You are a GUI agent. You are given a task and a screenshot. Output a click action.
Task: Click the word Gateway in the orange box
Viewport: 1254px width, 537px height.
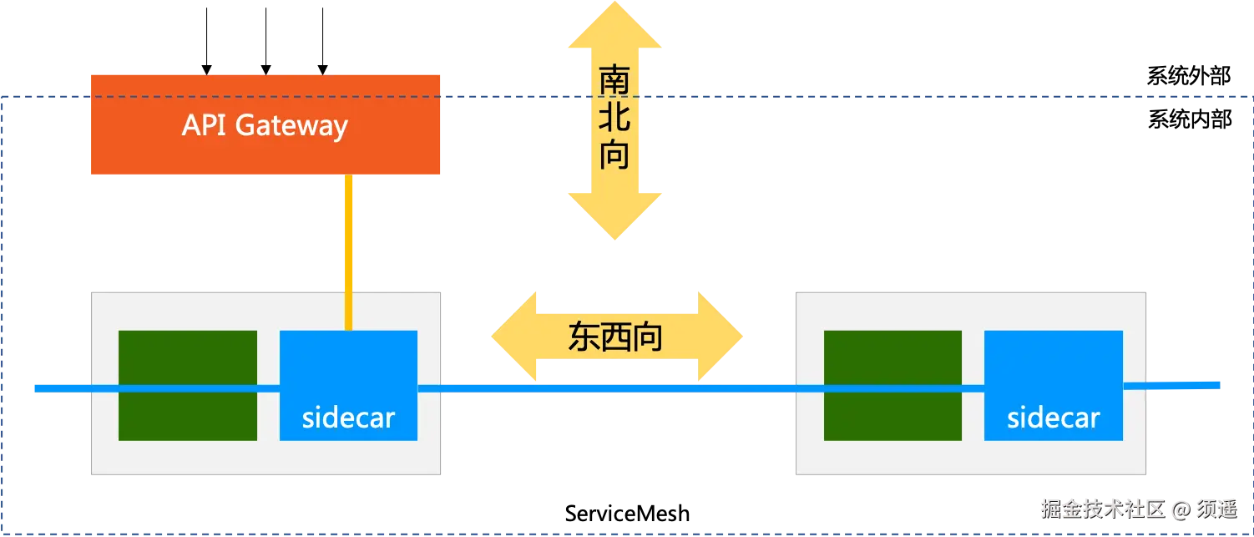click(x=291, y=126)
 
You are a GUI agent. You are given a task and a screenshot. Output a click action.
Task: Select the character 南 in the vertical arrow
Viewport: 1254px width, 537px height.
click(x=614, y=81)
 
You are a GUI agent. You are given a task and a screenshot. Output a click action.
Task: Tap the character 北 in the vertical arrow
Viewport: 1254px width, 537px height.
click(x=614, y=118)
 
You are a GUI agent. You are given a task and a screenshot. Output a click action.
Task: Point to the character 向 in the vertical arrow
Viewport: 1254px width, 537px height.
click(x=614, y=155)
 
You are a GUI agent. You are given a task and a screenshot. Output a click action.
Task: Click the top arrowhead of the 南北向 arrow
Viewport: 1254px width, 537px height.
click(x=616, y=25)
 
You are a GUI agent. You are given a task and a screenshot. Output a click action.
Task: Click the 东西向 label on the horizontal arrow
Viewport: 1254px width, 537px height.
click(x=616, y=336)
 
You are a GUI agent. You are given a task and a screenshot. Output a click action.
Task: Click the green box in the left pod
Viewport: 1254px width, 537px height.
click(x=188, y=359)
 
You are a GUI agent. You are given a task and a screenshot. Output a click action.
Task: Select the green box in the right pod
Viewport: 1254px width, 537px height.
click(x=892, y=359)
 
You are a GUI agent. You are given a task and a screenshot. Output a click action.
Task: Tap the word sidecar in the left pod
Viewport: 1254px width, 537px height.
click(x=348, y=418)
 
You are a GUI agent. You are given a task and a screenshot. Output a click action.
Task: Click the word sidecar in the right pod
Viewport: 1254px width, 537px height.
click(x=1053, y=418)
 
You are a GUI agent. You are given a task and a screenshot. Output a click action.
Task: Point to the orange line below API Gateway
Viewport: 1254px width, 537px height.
click(x=349, y=251)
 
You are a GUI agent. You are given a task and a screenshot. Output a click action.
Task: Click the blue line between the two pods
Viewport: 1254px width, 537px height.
click(x=618, y=388)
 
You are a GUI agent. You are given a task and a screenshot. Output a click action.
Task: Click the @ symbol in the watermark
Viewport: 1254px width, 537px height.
click(x=1179, y=509)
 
